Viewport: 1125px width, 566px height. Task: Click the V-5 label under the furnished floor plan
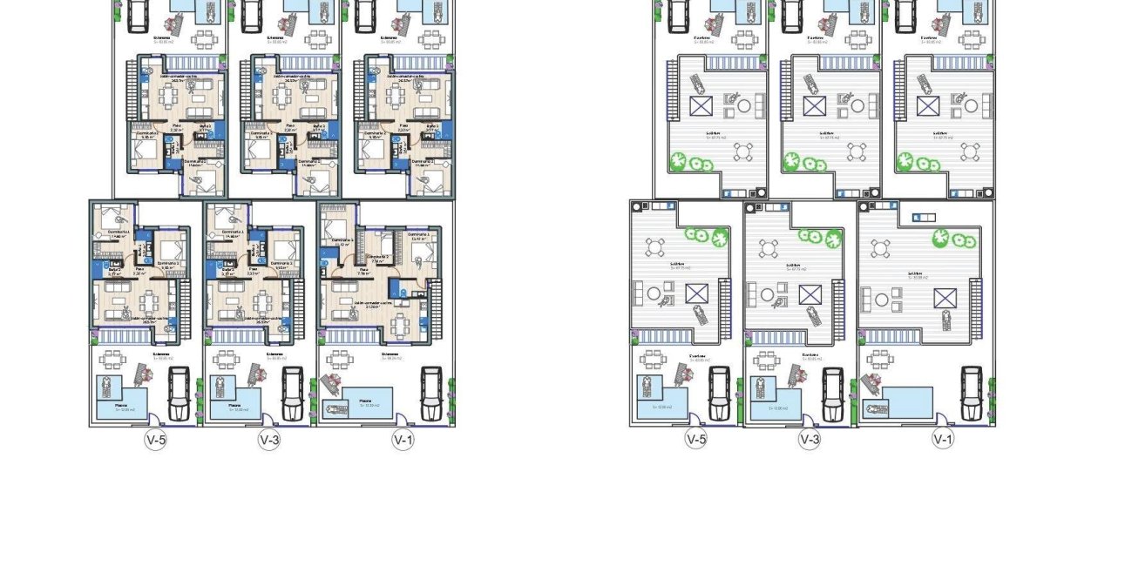point(155,441)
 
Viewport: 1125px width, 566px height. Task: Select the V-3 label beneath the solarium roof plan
point(810,440)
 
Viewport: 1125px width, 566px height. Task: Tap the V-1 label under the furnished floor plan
point(403,441)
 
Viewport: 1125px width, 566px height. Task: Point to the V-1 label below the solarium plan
point(943,440)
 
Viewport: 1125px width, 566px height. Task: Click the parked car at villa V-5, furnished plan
point(179,393)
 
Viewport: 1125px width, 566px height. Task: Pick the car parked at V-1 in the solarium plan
point(971,393)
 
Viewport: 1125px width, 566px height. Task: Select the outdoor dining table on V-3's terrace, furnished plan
point(226,359)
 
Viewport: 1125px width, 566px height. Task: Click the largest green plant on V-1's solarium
point(941,238)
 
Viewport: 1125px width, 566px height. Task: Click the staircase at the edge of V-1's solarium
point(977,297)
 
